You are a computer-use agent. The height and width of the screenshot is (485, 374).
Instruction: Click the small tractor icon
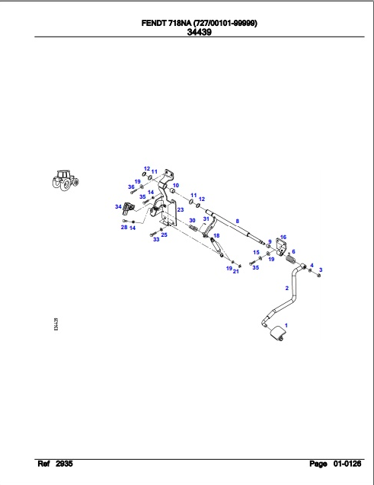click(x=66, y=180)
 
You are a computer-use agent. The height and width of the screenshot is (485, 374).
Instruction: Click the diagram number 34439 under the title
click(x=200, y=32)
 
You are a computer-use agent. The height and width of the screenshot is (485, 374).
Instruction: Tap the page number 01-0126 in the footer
click(x=347, y=464)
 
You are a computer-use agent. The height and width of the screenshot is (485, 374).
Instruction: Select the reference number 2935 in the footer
click(x=64, y=464)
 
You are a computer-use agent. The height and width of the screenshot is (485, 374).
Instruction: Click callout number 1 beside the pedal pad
click(x=286, y=325)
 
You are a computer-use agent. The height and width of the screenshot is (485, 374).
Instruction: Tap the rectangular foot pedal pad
click(x=277, y=334)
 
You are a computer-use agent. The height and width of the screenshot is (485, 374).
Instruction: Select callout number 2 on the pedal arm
click(x=286, y=289)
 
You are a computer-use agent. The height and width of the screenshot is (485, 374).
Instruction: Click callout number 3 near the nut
click(x=321, y=270)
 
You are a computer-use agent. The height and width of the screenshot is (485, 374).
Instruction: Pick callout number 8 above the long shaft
click(x=237, y=221)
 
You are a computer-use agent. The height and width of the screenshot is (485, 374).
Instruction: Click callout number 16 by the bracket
click(x=283, y=238)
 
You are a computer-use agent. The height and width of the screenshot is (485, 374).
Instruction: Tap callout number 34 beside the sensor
click(x=118, y=206)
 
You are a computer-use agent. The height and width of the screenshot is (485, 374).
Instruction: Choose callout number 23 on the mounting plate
click(x=181, y=209)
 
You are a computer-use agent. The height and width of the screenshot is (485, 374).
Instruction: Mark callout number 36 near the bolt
click(x=131, y=187)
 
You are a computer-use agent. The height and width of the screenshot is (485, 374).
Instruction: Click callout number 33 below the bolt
click(x=156, y=239)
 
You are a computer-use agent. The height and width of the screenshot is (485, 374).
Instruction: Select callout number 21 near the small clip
click(x=235, y=272)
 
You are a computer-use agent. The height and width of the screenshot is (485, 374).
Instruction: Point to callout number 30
click(x=192, y=221)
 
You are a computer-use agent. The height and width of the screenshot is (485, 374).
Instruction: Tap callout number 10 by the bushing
click(x=176, y=185)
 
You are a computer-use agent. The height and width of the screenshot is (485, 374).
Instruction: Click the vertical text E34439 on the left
click(x=56, y=324)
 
